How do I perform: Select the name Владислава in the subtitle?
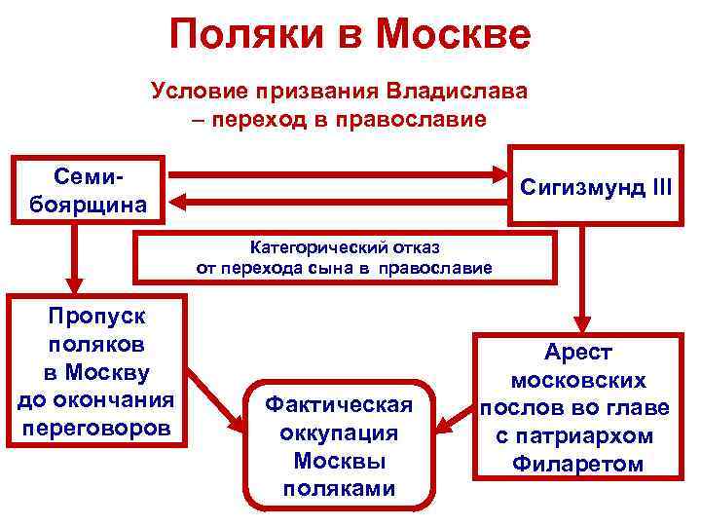click(x=458, y=93)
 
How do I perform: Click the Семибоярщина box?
click(x=88, y=190)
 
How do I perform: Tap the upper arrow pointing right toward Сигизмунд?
click(x=341, y=175)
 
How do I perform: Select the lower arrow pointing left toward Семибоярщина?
click(x=341, y=203)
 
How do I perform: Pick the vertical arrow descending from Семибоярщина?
click(x=71, y=258)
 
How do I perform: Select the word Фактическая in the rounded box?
click(x=338, y=404)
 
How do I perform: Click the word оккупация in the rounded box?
click(x=338, y=432)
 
